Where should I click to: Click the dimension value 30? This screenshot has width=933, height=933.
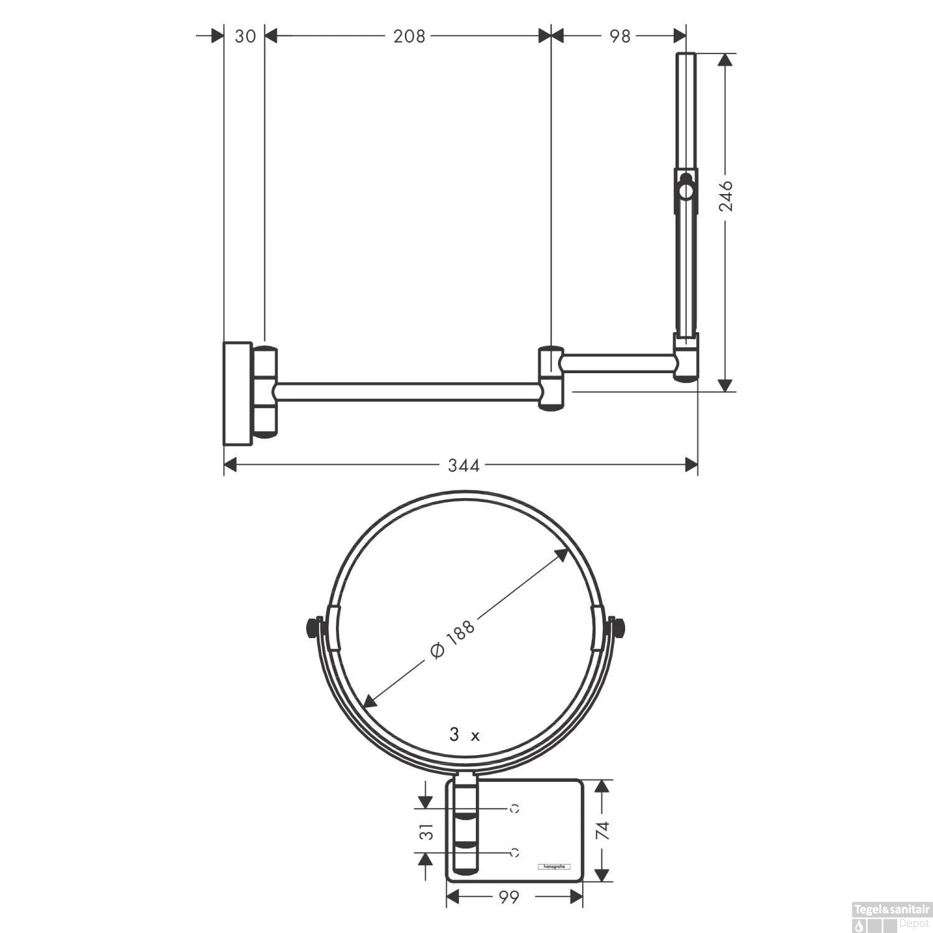pyautogui.click(x=245, y=36)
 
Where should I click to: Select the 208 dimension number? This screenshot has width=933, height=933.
pyautogui.click(x=409, y=36)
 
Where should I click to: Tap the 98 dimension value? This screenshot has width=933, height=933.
pyautogui.click(x=620, y=36)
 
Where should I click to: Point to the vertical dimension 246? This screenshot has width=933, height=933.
pyautogui.click(x=726, y=196)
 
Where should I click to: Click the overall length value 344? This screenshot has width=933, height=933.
pyautogui.click(x=463, y=465)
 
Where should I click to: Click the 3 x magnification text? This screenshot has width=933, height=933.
pyautogui.click(x=465, y=735)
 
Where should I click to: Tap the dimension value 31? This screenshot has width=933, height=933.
pyautogui.click(x=426, y=832)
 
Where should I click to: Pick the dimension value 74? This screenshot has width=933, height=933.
pyautogui.click(x=601, y=830)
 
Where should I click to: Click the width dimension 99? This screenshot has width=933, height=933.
pyautogui.click(x=508, y=898)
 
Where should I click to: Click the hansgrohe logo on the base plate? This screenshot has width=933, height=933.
pyautogui.click(x=553, y=866)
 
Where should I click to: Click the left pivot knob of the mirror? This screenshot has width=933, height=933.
pyautogui.click(x=310, y=628)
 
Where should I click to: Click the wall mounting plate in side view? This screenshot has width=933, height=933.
pyautogui.click(x=238, y=393)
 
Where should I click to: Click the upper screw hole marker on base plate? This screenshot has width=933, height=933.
pyautogui.click(x=514, y=809)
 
